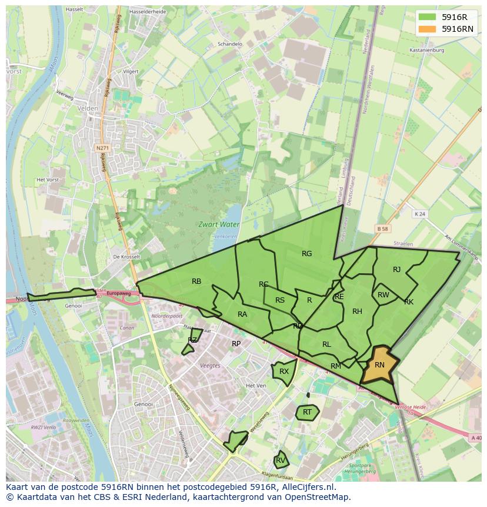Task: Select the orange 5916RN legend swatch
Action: click(x=428, y=29)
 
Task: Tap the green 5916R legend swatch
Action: click(x=428, y=17)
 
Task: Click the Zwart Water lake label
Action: click(x=218, y=224)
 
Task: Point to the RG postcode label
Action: click(x=306, y=254)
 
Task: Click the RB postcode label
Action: click(x=196, y=281)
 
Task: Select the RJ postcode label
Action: click(x=396, y=270)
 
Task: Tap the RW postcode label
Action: click(x=383, y=295)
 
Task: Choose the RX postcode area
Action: click(x=283, y=372)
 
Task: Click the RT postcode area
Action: click(x=306, y=412)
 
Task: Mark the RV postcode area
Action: click(x=281, y=460)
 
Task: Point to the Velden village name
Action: click(x=87, y=108)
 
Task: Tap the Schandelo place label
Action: click(x=229, y=44)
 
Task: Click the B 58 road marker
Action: click(x=383, y=228)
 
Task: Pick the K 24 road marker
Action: click(x=419, y=214)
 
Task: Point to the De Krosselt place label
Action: click(x=126, y=257)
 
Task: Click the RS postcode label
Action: click(x=280, y=300)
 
